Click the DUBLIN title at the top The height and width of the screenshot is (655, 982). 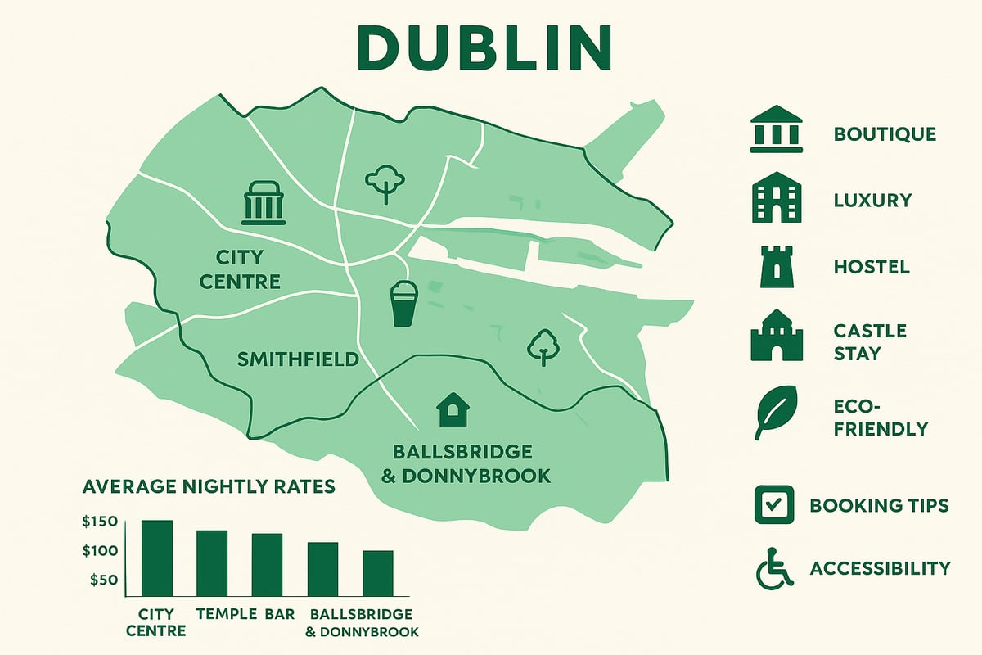484,48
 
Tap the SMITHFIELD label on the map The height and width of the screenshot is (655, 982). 298,359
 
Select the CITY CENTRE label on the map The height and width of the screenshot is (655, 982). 248,270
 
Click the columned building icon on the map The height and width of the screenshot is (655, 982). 264,203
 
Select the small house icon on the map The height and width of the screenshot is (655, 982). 449,409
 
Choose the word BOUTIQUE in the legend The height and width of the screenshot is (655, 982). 885,134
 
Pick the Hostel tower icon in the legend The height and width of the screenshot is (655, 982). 775,267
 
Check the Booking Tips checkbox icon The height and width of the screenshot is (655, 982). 773,504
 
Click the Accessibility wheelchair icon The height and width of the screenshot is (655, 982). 774,568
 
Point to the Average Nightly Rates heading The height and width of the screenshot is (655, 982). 209,486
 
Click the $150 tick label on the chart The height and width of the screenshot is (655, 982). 100,522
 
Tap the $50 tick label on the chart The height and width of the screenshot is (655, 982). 102,580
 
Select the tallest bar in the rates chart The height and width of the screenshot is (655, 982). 157,558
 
